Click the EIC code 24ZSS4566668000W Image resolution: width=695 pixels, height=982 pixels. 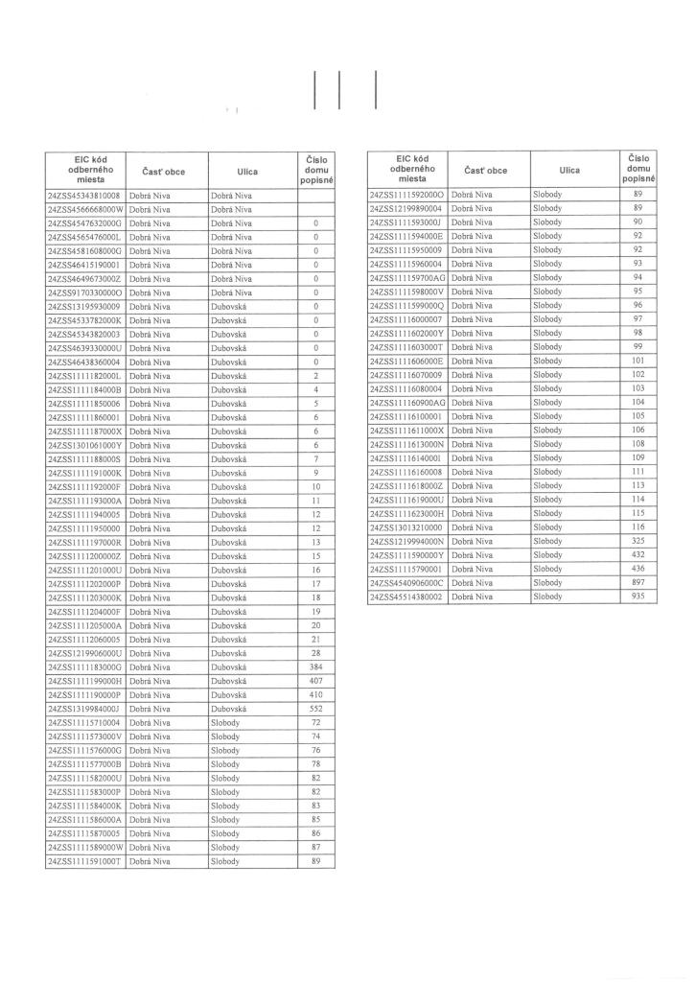pos(84,209)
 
